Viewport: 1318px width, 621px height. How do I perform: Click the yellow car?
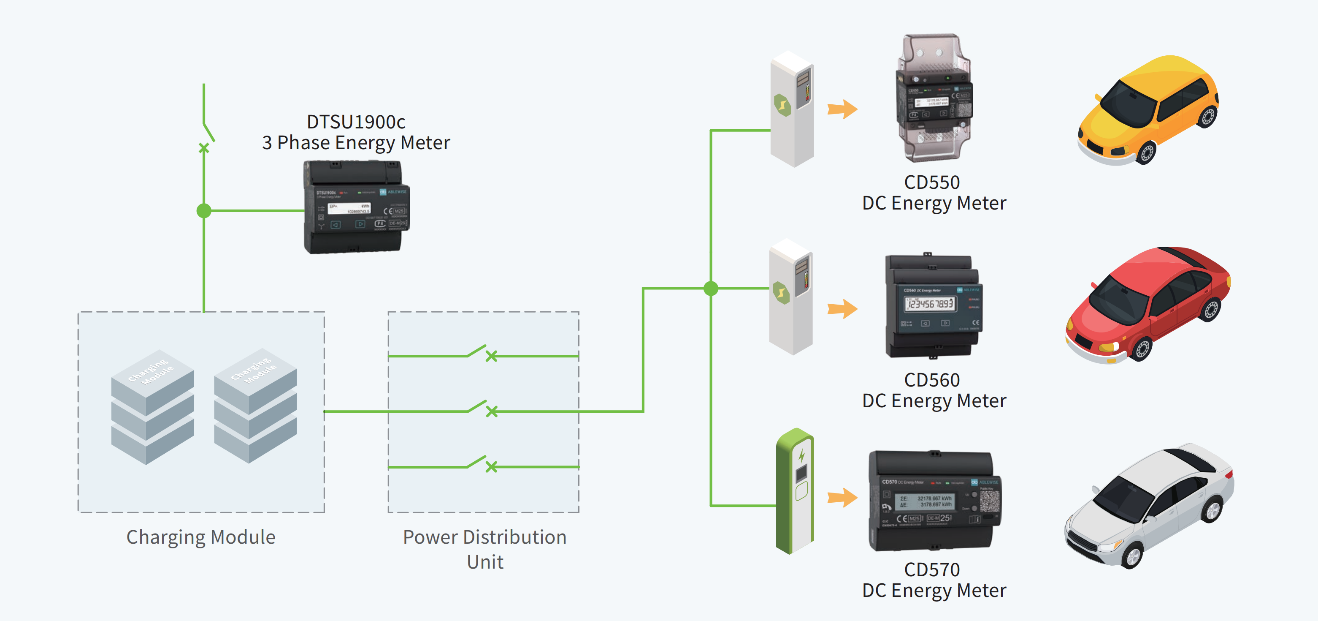click(1148, 110)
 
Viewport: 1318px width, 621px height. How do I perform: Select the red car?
click(1148, 305)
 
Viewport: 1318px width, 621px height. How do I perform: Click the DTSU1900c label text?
click(356, 122)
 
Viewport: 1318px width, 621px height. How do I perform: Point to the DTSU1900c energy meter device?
click(356, 207)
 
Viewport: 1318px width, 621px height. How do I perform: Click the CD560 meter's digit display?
click(930, 304)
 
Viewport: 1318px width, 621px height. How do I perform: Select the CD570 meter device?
click(934, 501)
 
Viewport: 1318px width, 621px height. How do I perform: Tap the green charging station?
click(795, 491)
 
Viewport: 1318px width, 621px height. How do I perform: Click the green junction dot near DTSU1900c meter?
click(204, 210)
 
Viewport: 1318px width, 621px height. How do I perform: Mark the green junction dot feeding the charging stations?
click(711, 289)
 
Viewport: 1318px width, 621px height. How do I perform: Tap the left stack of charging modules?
click(152, 407)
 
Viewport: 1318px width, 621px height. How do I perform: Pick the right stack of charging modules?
click(255, 406)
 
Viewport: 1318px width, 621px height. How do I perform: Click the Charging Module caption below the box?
click(201, 537)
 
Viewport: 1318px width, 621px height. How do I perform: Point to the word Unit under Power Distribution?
click(485, 562)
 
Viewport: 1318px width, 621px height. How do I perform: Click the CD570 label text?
click(932, 569)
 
